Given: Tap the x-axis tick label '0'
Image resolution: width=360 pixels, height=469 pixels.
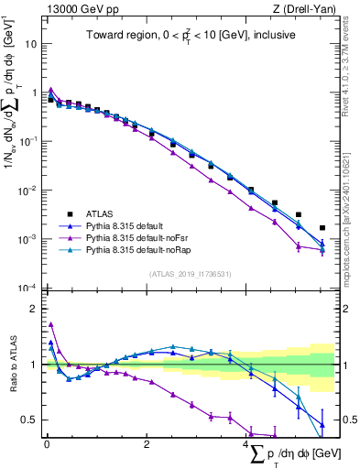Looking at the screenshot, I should (47, 445).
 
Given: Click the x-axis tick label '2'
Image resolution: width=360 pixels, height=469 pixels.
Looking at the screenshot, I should (147, 445).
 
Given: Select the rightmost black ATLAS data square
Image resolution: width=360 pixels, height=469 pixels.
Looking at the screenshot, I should (322, 228).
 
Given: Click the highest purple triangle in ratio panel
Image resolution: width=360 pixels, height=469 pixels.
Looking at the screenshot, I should (51, 323).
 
